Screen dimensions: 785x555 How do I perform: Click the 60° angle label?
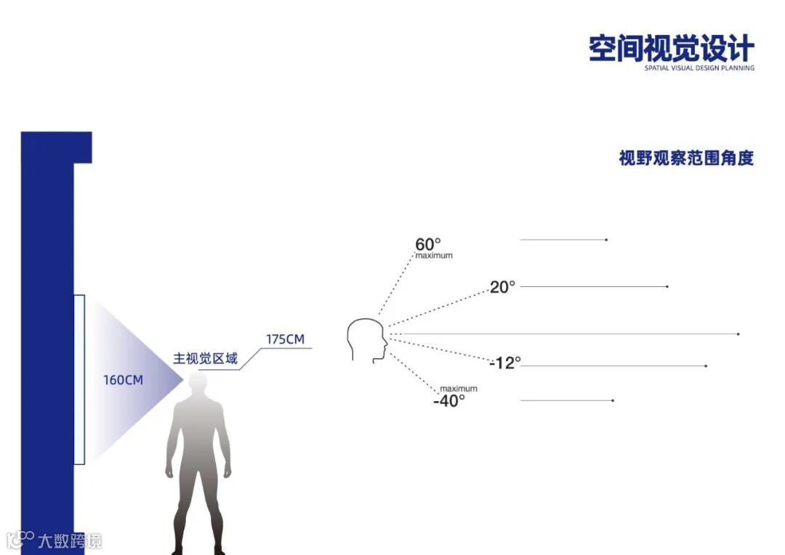coord(428,245)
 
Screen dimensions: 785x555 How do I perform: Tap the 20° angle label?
coord(502,287)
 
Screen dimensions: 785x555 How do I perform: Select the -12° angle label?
coord(505,362)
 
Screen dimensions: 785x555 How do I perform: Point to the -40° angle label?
coord(449,400)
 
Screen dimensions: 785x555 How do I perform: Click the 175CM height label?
coord(285,339)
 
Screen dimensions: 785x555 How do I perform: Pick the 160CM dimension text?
coord(123,380)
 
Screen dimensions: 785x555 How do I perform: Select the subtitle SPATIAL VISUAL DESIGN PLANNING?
coord(699,68)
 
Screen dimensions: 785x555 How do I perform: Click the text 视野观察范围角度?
coord(686,158)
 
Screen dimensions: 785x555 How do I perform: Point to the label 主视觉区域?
coord(205,359)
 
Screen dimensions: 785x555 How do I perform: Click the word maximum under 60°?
coord(434,256)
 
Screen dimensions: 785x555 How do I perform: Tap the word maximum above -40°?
coord(459,389)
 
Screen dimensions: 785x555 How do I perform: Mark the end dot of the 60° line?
coord(606,240)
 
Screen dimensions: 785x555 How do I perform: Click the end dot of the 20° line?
coord(667,287)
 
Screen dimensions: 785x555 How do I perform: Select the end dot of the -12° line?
coord(706,366)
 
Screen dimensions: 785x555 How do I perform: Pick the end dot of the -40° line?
coord(613,400)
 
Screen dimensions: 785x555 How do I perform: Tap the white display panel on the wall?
coord(79,379)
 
